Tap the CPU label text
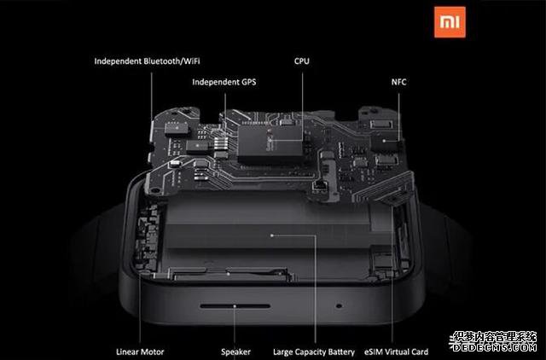302,61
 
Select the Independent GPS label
224,82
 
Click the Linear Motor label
139,351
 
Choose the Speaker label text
235,351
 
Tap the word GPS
247,82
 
